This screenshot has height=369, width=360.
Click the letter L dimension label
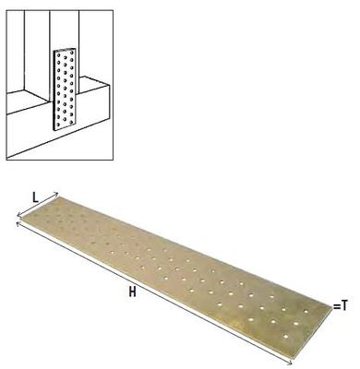(34, 196)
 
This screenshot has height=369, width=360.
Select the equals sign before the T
(335, 304)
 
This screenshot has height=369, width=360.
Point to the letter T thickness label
(344, 304)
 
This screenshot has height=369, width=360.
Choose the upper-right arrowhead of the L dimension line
(57, 195)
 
